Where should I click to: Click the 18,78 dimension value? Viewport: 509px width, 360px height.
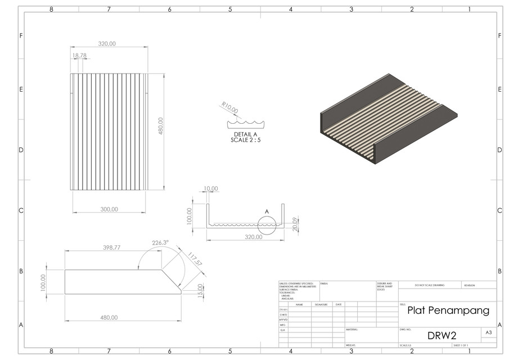click(79, 56)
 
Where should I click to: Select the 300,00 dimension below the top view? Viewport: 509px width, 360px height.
click(109, 209)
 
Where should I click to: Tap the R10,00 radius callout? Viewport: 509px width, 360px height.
click(229, 107)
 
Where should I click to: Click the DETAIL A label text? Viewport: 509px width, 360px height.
click(245, 134)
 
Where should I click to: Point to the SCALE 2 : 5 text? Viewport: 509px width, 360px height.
click(245, 139)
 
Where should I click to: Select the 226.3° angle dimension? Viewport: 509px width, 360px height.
click(160, 243)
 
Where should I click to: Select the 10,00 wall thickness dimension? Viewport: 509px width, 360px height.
click(210, 189)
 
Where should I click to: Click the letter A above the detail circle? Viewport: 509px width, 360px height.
click(267, 211)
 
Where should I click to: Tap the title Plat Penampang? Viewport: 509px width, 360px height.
click(448, 310)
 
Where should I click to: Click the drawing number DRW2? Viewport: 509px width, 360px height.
click(442, 336)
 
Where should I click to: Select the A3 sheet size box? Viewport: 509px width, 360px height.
click(488, 333)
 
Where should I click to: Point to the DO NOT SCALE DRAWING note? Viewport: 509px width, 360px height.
click(429, 285)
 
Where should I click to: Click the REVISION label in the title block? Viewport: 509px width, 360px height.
click(469, 285)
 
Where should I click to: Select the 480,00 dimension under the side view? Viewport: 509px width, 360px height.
click(109, 317)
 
